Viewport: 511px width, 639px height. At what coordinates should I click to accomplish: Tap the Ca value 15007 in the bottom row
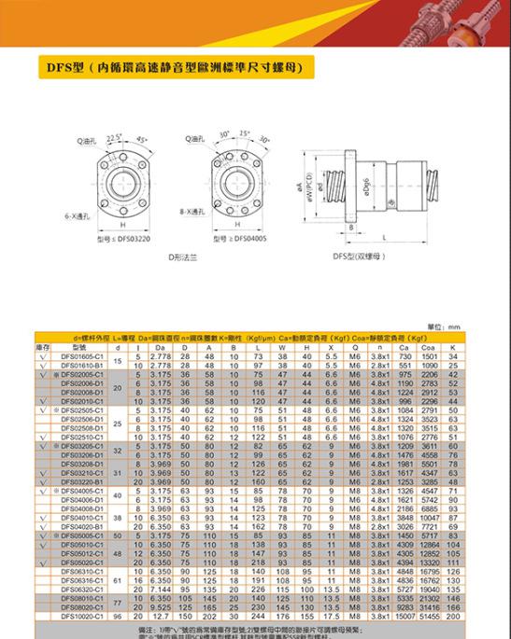(404, 617)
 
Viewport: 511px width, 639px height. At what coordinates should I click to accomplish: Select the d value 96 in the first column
(118, 617)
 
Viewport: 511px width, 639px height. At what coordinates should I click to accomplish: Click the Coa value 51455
(430, 617)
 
